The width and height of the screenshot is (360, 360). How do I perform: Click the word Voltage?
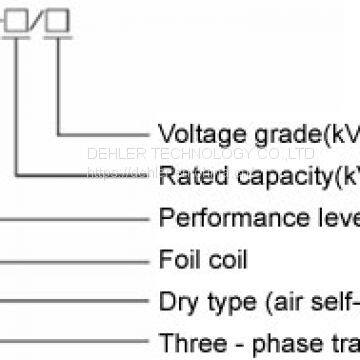pos(195,133)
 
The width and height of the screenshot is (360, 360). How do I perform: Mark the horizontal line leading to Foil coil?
pos(70,259)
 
